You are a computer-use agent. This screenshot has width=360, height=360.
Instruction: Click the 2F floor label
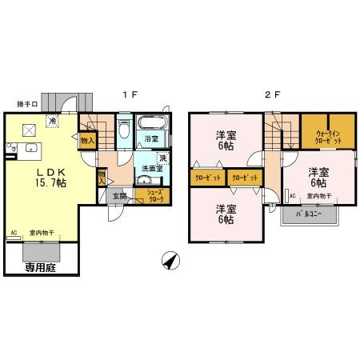(x=272, y=94)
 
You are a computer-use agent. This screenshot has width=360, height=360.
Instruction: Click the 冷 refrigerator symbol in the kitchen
(x=52, y=122)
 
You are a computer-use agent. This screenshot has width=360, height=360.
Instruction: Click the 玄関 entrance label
(x=118, y=195)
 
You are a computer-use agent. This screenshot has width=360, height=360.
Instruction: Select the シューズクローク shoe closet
(x=150, y=195)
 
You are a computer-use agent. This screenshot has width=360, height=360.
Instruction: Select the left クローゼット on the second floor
(x=207, y=178)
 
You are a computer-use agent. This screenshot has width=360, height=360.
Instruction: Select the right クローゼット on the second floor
(x=244, y=178)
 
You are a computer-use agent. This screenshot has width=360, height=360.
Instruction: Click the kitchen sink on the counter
(x=31, y=147)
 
